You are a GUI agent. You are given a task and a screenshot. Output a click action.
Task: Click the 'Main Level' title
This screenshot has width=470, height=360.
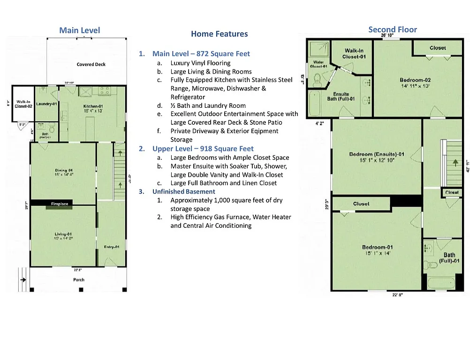coord(79,30)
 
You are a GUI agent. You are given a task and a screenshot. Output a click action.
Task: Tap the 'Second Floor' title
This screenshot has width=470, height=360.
coord(392,30)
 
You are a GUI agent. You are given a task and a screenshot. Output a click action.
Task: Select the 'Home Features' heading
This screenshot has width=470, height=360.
coord(219,34)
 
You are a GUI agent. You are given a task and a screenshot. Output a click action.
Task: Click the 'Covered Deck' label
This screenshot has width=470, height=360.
coord(91,64)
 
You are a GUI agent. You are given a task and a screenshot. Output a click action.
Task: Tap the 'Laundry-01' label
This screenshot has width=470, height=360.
coord(46,104)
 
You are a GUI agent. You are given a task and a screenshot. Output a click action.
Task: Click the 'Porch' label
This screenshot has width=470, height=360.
coord(79,280)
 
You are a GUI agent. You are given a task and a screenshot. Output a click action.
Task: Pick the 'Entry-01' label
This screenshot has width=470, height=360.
coord(111,247)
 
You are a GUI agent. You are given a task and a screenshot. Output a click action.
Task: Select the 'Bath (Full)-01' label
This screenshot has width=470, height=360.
coord(448,258)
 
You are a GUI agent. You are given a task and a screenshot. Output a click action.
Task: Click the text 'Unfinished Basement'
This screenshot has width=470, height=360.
coord(183,192)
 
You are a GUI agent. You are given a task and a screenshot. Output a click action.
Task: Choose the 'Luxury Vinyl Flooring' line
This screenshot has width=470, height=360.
coord(200,63)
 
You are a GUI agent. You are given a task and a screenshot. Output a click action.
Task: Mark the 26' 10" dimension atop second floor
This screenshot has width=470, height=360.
coord(387,36)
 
